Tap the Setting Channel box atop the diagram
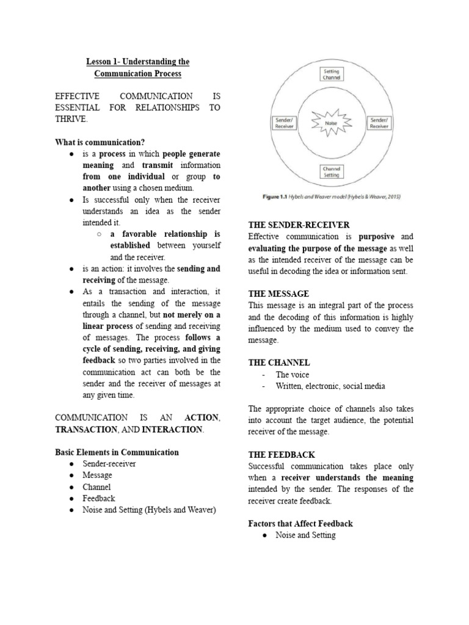332,74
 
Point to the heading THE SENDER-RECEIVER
299,225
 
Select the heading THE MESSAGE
278,294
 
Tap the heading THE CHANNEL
279,363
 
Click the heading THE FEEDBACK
282,455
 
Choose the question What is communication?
100,142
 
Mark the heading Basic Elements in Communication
117,452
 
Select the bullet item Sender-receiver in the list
109,464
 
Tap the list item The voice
293,375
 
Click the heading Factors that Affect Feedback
300,524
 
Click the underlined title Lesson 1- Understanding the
137,62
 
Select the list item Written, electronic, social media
330,386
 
